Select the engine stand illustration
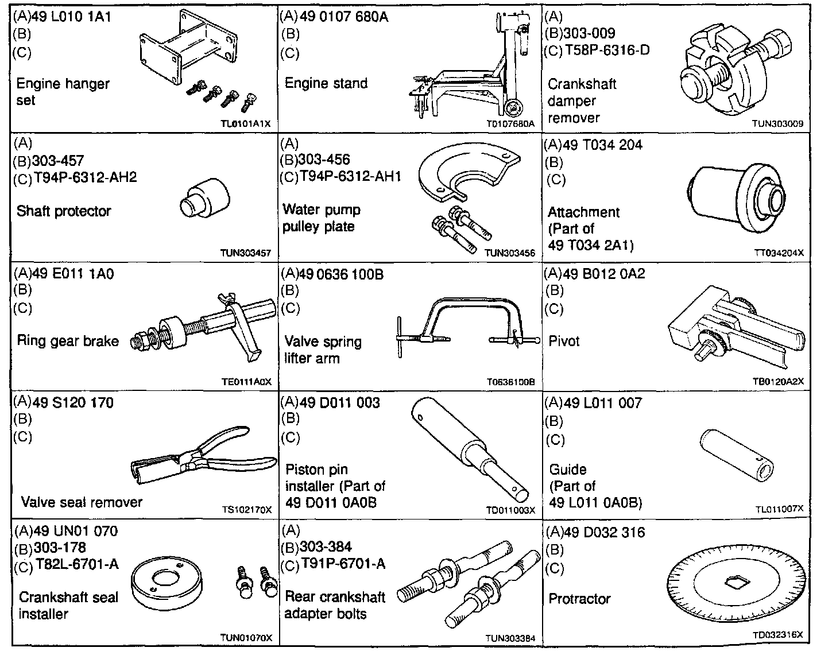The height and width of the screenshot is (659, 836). pyautogui.click(x=471, y=75)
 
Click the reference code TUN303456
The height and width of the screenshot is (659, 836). pyautogui.click(x=510, y=253)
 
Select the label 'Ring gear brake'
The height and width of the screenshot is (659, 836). pyautogui.click(x=68, y=341)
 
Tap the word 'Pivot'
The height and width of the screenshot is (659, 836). pyautogui.click(x=564, y=341)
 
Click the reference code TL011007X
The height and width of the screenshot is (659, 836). pyautogui.click(x=779, y=509)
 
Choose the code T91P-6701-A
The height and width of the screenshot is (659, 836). pyautogui.click(x=343, y=564)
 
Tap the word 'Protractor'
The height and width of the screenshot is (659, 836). pyautogui.click(x=579, y=599)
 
